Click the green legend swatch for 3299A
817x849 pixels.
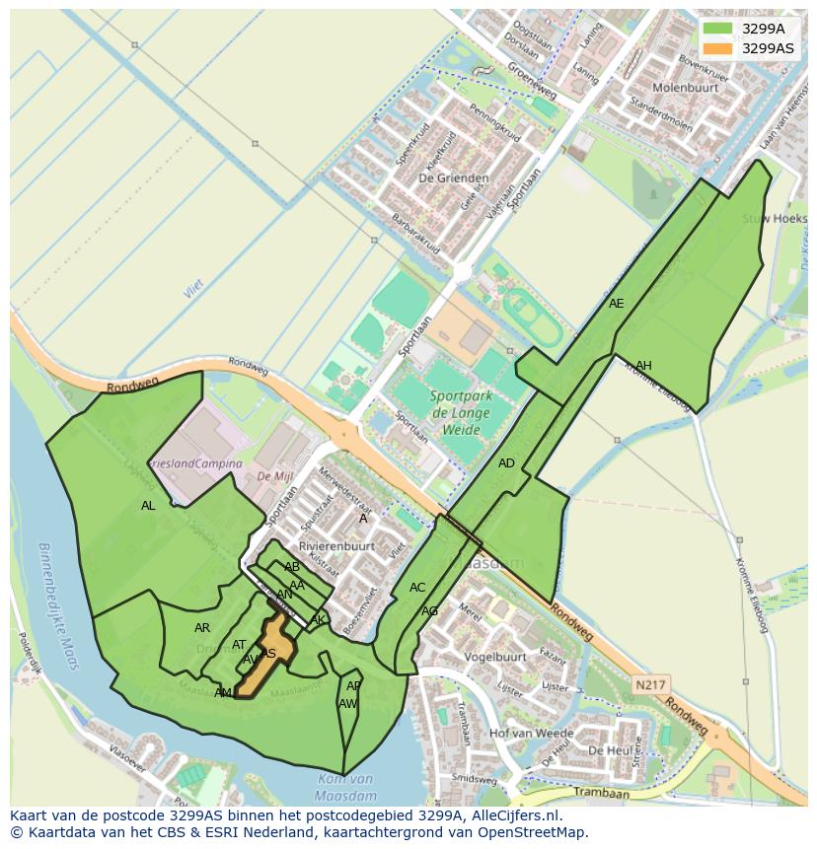pos(717,29)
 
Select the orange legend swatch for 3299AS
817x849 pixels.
pos(717,47)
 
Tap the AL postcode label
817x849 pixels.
pos(148,506)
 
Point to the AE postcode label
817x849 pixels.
pos(617,304)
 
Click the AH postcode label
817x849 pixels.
pos(643,366)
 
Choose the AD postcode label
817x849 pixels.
pos(506,463)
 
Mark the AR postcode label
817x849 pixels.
pos(202,628)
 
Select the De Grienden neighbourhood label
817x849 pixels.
pos(441,178)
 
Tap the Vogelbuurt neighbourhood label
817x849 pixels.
pos(494,657)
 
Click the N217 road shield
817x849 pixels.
pos(651,684)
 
